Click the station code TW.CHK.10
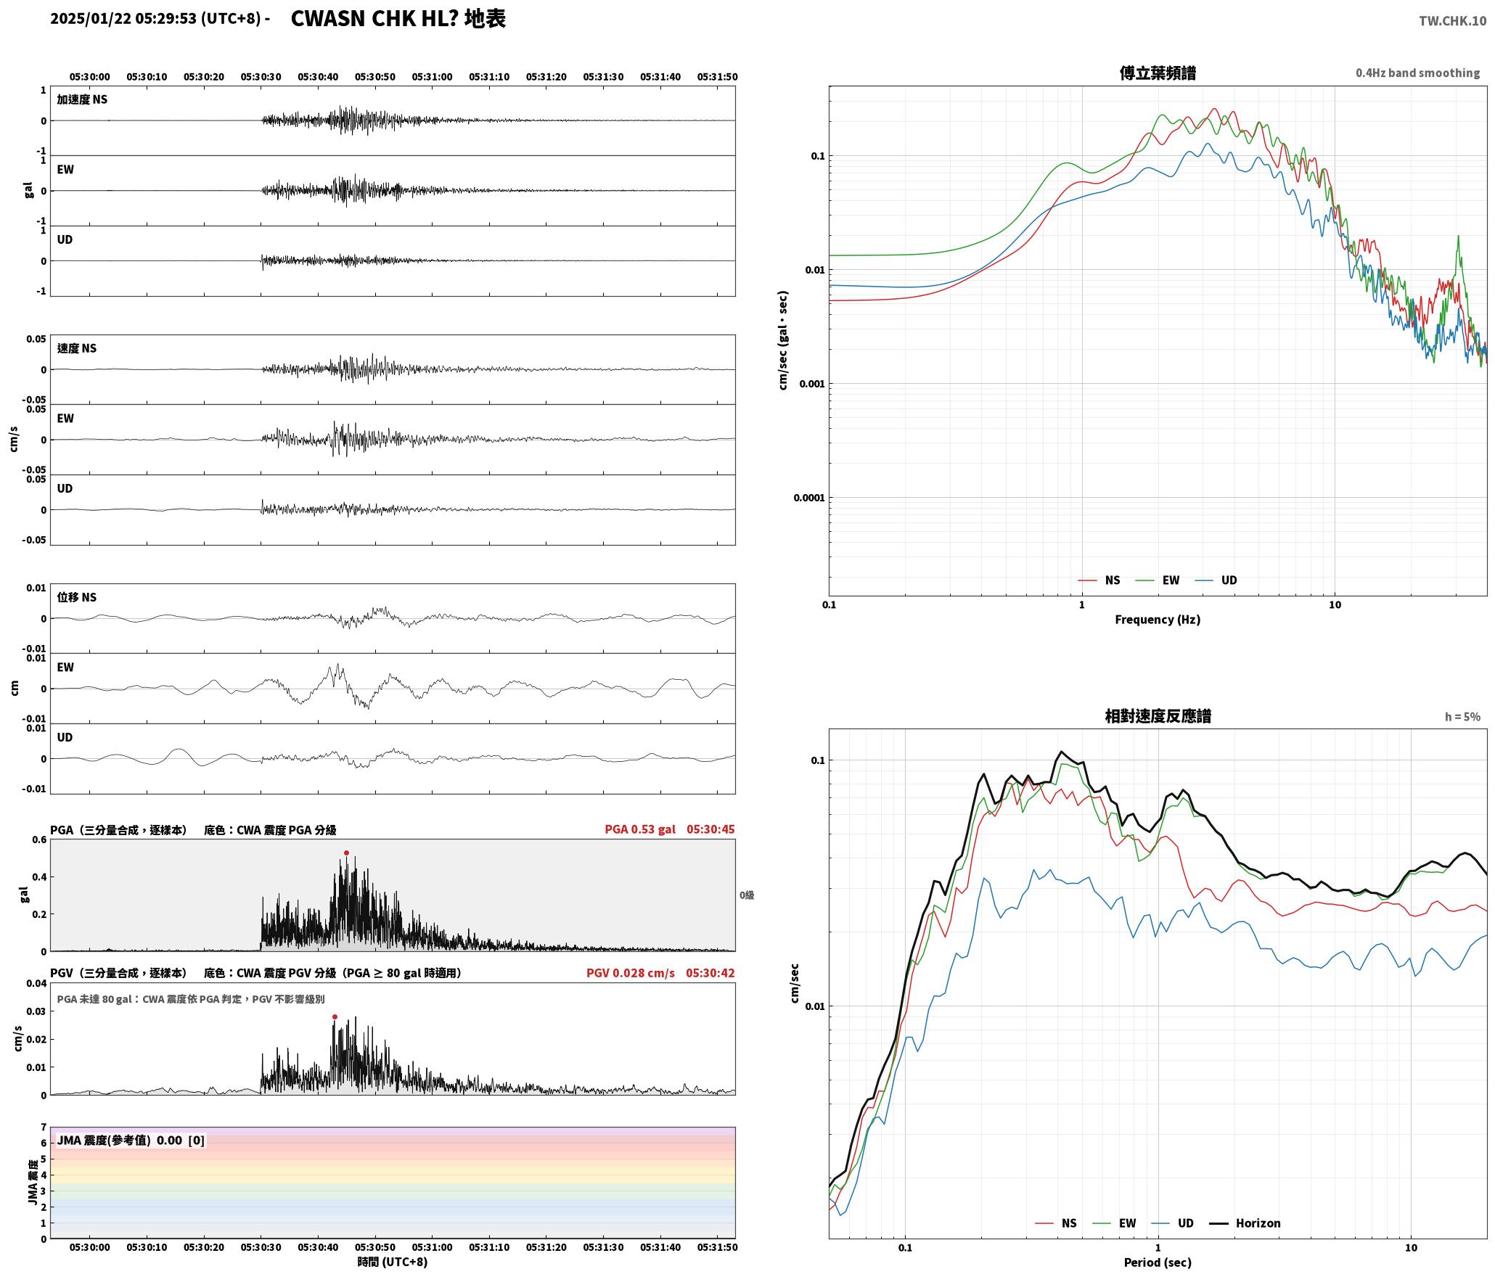coord(1452,21)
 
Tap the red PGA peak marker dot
coord(346,853)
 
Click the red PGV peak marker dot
coord(335,1017)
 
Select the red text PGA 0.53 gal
coord(640,829)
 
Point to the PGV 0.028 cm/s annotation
coord(631,973)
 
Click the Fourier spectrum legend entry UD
coord(1229,580)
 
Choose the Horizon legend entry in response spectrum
coord(1258,1223)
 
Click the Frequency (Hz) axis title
coord(1158,620)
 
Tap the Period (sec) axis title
coord(1158,1262)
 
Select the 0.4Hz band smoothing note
coord(1417,73)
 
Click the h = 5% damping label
coord(1462,717)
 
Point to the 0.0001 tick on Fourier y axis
coord(809,498)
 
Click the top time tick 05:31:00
coord(432,77)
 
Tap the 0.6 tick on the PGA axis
coord(39,840)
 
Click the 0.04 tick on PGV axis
coord(36,984)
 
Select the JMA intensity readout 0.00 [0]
coord(181,1141)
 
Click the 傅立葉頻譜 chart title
coord(1158,73)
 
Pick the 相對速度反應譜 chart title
coord(1158,716)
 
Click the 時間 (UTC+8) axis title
coord(392,1262)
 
